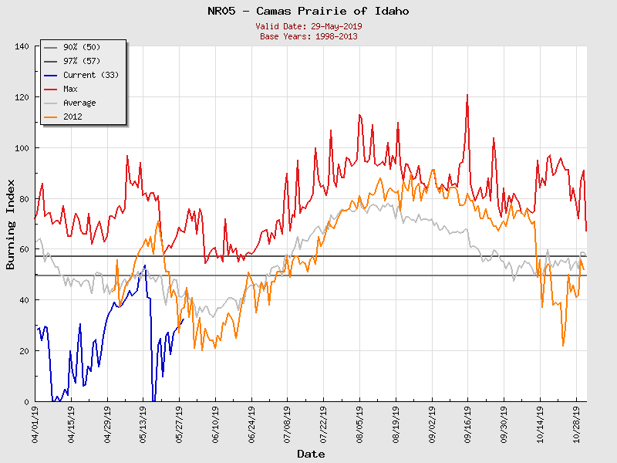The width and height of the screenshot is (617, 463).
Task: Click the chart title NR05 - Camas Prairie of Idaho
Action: tap(308, 11)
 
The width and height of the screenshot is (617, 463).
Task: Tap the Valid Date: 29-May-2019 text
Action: tap(308, 26)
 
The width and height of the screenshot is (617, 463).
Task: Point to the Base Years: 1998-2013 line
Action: tap(308, 36)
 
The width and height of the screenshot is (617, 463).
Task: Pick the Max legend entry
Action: tap(74, 89)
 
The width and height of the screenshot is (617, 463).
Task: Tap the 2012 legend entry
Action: tap(74, 117)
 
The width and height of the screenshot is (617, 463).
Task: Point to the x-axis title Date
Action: tap(311, 455)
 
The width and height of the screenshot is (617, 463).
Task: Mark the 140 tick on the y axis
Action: tap(22, 46)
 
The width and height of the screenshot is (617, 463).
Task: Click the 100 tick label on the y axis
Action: tap(22, 148)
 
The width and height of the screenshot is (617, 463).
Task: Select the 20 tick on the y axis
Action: tap(24, 351)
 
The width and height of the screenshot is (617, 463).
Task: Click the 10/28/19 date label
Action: tap(576, 424)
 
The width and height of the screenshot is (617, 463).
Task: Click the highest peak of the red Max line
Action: tap(467, 95)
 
